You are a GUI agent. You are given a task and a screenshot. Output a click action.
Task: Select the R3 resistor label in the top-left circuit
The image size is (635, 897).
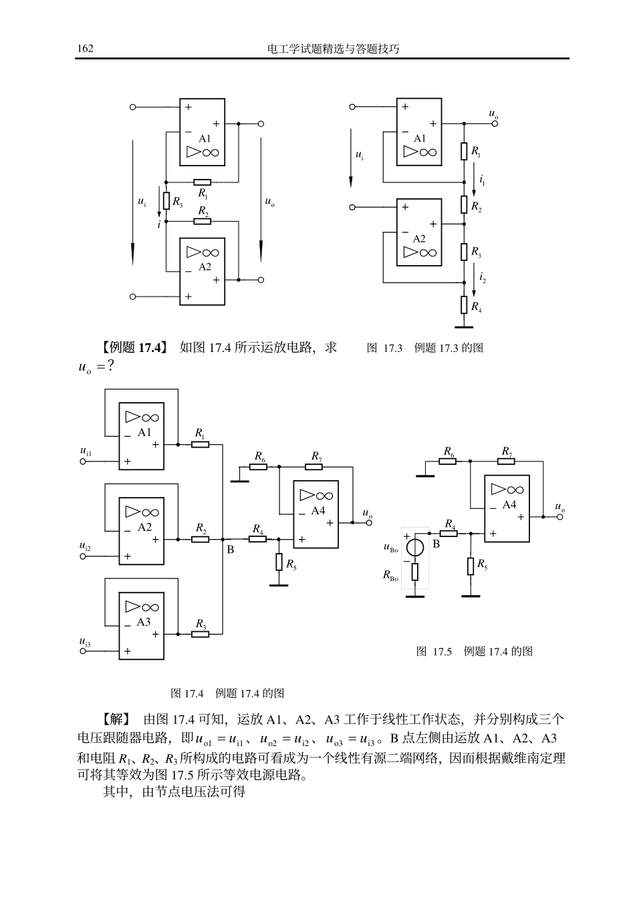[x=178, y=200]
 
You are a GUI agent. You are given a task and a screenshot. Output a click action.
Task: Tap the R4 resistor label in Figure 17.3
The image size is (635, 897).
[x=476, y=307]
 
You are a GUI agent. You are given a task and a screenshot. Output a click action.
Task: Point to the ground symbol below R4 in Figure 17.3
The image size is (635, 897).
[x=464, y=327]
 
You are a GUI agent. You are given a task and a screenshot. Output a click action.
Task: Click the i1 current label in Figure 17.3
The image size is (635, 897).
[x=482, y=181]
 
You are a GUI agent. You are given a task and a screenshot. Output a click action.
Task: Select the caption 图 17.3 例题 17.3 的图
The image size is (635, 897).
[x=425, y=348]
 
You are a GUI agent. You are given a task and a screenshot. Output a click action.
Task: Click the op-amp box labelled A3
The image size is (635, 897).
[x=141, y=626]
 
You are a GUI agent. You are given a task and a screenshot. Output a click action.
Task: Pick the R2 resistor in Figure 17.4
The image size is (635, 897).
[x=200, y=538]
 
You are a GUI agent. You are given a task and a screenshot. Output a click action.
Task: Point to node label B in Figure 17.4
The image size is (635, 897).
[x=231, y=550]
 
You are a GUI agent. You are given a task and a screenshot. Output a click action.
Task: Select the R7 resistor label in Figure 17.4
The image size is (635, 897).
[x=317, y=456]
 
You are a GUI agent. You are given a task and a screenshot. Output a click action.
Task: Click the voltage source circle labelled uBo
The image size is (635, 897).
[x=414, y=548]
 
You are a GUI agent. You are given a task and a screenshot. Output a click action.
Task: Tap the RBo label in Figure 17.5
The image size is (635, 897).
[x=390, y=574]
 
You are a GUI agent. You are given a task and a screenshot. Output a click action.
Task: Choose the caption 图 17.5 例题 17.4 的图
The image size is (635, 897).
[x=475, y=651]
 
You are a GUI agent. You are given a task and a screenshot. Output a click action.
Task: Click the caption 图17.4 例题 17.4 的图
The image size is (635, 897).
[x=228, y=693]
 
